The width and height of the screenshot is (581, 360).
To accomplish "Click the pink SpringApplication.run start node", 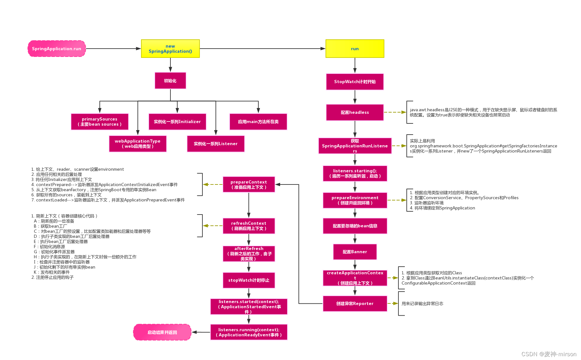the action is click(57, 49).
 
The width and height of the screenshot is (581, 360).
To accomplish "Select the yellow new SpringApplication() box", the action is click(170, 49).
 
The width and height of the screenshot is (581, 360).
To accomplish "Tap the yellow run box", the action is click(355, 49).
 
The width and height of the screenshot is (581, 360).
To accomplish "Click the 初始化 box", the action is click(170, 81).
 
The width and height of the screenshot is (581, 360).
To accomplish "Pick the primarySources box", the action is click(100, 121).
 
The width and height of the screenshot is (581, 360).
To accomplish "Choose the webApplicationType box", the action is click(138, 144).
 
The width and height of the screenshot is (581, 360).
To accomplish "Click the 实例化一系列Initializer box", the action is click(177, 121).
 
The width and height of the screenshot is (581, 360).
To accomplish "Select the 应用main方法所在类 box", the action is click(258, 121).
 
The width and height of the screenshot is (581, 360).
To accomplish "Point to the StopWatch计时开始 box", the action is click(355, 82).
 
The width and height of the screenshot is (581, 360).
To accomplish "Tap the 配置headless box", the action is click(355, 112).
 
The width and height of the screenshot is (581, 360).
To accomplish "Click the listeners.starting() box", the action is click(355, 173).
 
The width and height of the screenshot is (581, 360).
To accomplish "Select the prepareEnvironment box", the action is click(355, 200).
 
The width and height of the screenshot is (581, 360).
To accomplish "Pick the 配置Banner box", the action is click(355, 252).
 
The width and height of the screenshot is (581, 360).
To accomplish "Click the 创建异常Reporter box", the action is click(355, 303).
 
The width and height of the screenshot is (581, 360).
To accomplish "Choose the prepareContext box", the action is click(249, 184).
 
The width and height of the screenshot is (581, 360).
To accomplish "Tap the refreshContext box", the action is click(249, 226).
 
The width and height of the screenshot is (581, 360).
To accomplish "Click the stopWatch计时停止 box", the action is click(249, 280).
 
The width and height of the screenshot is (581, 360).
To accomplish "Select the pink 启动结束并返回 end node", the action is click(162, 332).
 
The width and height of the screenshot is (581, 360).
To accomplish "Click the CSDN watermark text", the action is click(549, 354).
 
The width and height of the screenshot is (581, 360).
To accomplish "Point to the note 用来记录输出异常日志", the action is click(422, 303).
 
